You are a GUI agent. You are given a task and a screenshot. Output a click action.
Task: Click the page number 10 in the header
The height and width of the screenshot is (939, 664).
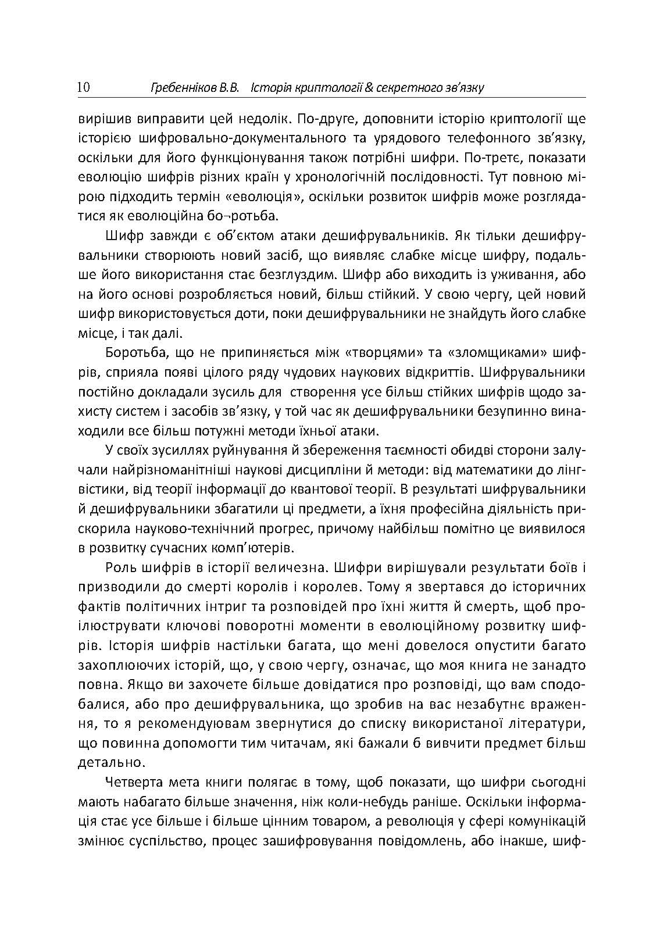[83, 88]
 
